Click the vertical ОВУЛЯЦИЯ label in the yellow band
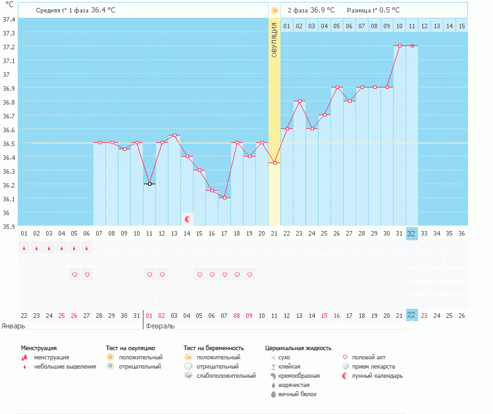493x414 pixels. [x=274, y=39]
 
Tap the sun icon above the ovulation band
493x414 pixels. [x=274, y=11]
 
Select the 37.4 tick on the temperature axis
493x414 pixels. [x=9, y=19]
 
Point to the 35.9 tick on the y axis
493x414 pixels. [x=9, y=226]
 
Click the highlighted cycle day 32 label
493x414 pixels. [x=411, y=233]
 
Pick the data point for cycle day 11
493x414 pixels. [x=149, y=184]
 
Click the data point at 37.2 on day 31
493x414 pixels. [x=399, y=46]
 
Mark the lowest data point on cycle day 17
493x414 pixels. [x=224, y=198]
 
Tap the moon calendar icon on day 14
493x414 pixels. [x=188, y=219]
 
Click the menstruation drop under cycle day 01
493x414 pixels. [x=24, y=248]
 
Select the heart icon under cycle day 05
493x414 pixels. [x=74, y=274]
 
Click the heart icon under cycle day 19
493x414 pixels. [x=249, y=274]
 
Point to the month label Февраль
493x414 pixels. [x=159, y=326]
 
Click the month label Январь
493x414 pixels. [x=14, y=326]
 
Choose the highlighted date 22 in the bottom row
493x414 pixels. [x=411, y=315]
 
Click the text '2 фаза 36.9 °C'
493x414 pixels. [x=311, y=11]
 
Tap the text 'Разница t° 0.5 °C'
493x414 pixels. [x=373, y=11]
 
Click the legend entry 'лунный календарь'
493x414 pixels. [x=378, y=376]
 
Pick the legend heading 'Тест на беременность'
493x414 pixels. [x=214, y=348]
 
